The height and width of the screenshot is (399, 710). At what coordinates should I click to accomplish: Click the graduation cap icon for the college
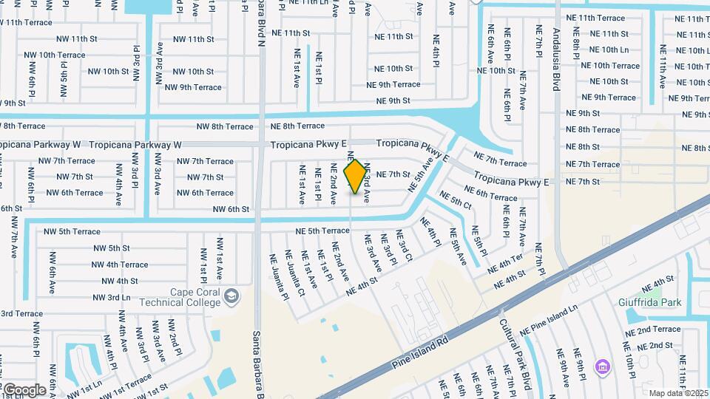click(232, 296)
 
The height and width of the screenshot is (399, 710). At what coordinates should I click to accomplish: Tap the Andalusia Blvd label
click(556, 58)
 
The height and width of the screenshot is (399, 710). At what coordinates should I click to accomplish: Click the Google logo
click(24, 389)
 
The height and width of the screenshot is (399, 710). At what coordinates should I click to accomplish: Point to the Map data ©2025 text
click(679, 393)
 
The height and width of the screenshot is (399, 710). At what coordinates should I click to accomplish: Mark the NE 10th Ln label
click(609, 50)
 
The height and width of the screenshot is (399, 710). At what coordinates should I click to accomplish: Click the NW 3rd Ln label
click(112, 297)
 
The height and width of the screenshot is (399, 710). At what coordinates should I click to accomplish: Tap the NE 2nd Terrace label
click(652, 330)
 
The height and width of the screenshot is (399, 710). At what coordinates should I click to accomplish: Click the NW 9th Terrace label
click(193, 87)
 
